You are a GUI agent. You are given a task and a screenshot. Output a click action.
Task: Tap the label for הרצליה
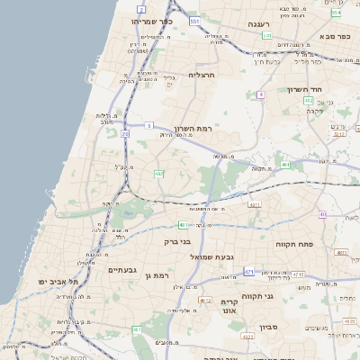point(204,76)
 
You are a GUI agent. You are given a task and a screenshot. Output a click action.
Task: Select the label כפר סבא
point(334,36)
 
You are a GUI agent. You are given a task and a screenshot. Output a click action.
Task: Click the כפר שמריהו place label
point(151,20)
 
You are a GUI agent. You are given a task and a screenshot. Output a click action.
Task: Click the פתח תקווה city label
point(293,243)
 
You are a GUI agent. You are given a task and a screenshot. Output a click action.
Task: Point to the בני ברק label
point(178,241)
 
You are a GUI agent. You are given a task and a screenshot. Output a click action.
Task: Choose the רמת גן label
point(155,274)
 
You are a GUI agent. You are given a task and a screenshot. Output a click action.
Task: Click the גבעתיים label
point(121,269)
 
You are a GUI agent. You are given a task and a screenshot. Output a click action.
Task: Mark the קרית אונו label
point(229,307)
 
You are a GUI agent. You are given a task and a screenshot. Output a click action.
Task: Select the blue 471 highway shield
point(249,271)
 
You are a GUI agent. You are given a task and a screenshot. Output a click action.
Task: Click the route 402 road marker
point(308,101)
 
